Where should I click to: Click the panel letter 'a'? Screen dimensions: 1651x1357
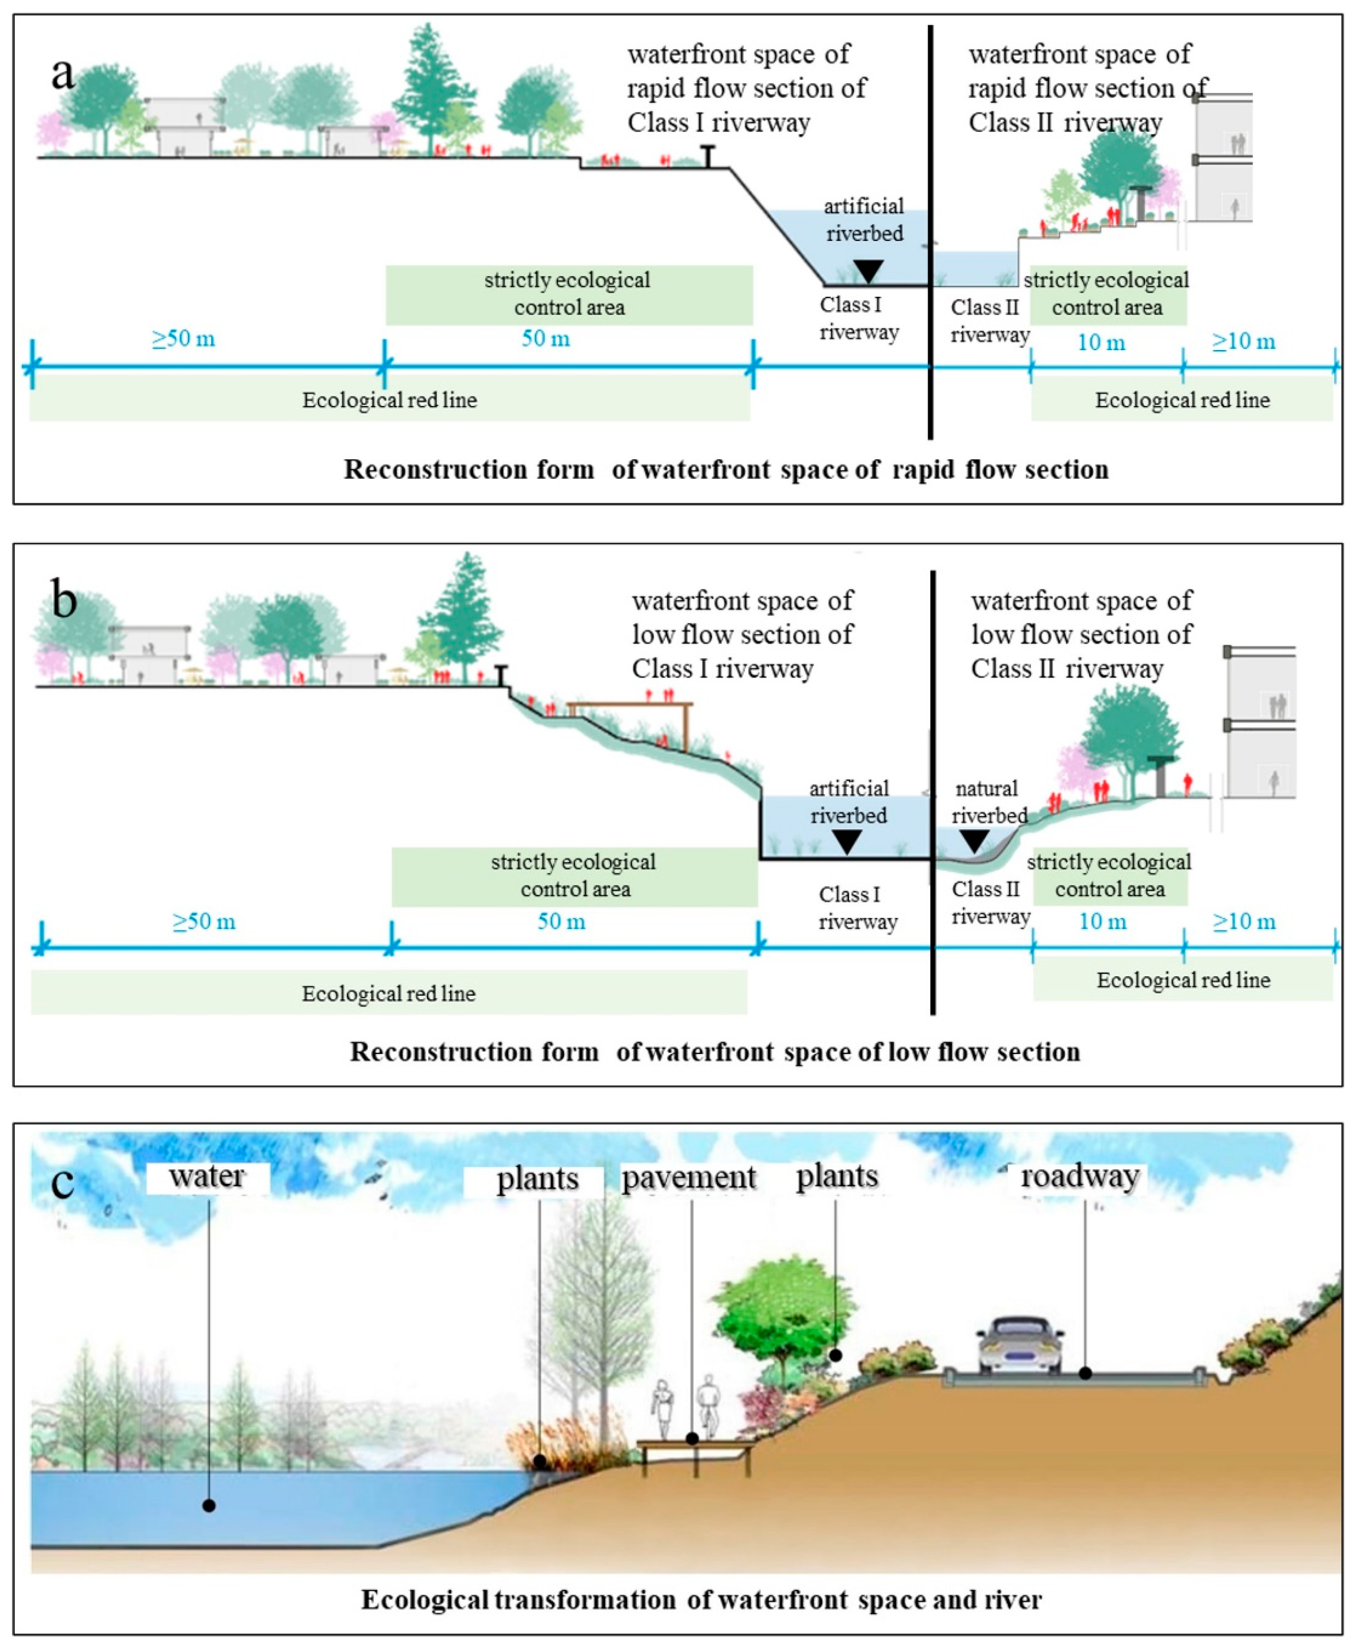pyautogui.click(x=63, y=74)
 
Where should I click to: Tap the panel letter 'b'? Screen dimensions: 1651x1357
pyautogui.click(x=64, y=600)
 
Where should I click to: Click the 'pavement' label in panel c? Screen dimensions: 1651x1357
pyautogui.click(x=689, y=1178)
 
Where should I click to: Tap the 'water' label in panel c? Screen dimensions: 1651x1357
pyautogui.click(x=207, y=1176)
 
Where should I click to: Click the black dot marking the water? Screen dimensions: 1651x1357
pyautogui.click(x=209, y=1505)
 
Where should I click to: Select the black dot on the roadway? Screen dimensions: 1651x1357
pyautogui.click(x=1086, y=1372)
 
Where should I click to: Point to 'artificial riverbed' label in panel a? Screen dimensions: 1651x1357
pyautogui.click(x=864, y=220)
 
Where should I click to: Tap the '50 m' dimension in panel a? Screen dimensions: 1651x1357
pyautogui.click(x=546, y=339)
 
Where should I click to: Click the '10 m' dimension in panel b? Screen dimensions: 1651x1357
pyautogui.click(x=1102, y=922)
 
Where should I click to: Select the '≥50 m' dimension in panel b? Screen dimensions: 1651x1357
pyautogui.click(x=204, y=922)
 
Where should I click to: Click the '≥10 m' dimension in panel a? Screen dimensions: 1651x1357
pyautogui.click(x=1244, y=342)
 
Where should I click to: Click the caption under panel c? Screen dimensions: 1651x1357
pyautogui.click(x=701, y=1599)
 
